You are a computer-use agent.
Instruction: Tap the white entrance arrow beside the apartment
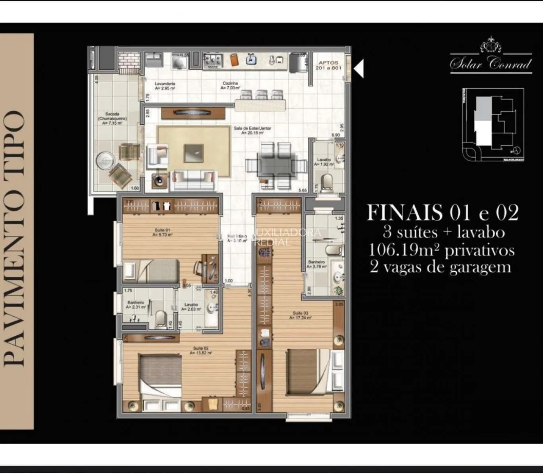359,69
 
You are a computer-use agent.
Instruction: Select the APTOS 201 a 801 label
328,65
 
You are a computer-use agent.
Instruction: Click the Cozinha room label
230,85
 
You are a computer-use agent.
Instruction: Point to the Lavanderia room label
165,86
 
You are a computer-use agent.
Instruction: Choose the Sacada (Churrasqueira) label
112,118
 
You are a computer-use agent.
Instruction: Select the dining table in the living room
276,165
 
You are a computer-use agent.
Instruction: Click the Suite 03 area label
301,315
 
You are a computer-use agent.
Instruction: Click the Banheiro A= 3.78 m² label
317,264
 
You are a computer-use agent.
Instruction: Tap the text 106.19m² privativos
442,250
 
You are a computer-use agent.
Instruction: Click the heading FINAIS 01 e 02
442,213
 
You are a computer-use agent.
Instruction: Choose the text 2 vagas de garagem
440,267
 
